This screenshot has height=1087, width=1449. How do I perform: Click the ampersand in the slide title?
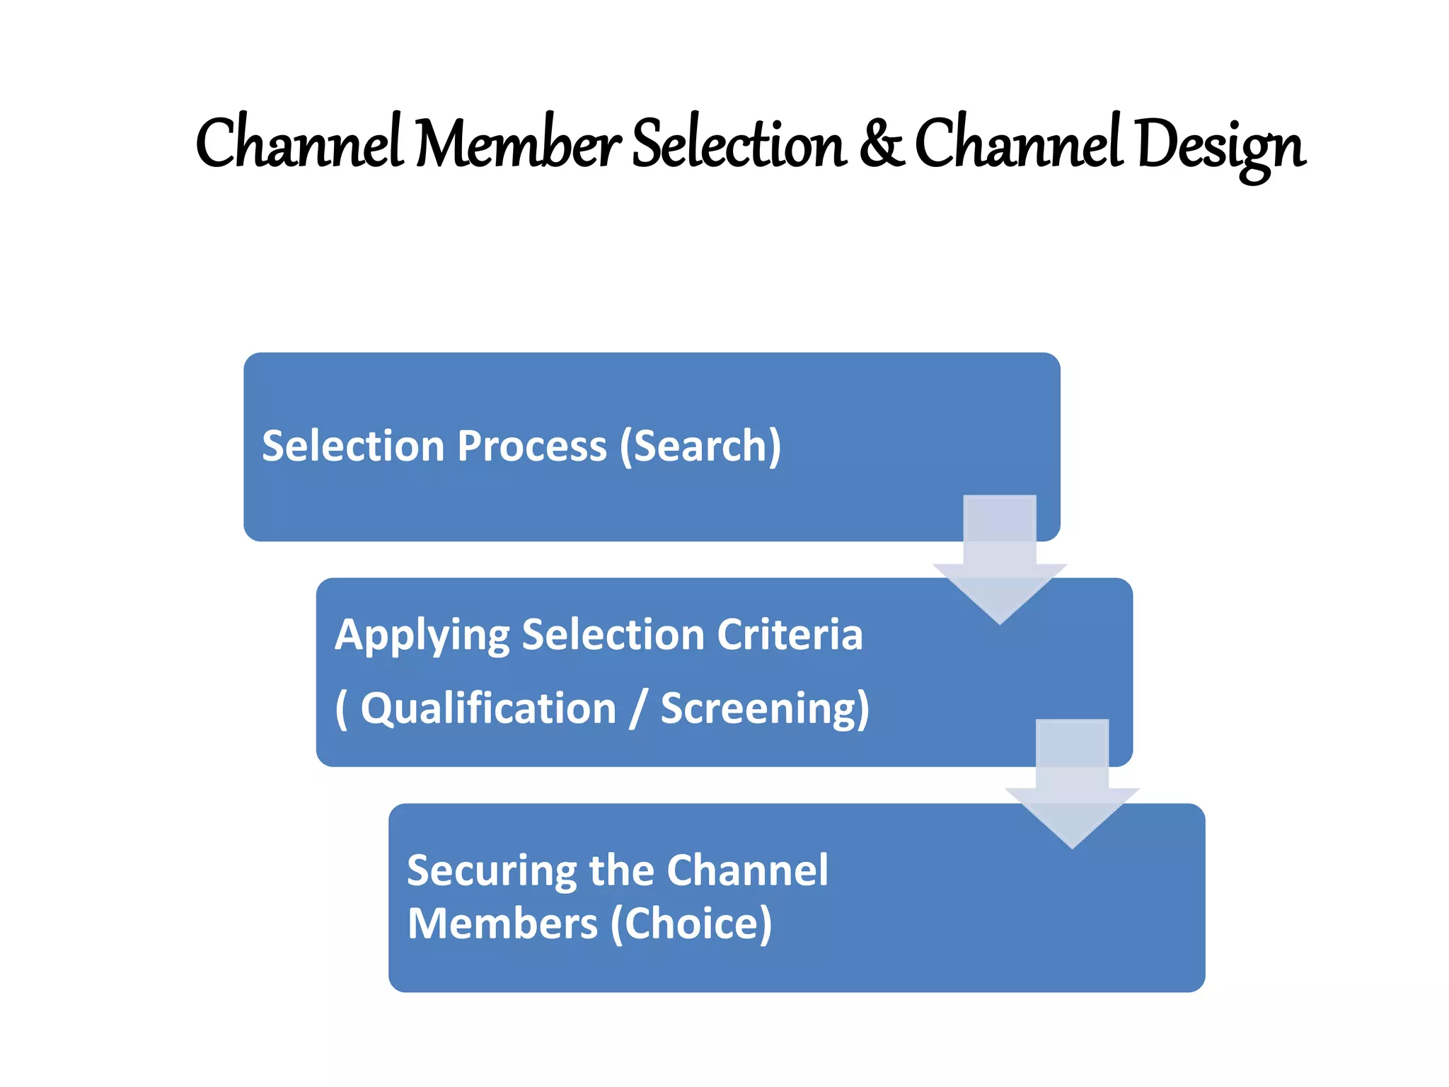882,144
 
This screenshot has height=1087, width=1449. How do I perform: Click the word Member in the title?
518,144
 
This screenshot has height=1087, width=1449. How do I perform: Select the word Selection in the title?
739,144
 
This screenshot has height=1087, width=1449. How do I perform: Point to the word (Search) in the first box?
700,446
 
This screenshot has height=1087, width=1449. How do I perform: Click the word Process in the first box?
531,446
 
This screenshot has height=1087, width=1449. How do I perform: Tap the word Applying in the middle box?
422,635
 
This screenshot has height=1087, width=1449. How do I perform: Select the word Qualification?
488,708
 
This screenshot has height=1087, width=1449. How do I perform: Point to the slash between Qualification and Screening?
638,708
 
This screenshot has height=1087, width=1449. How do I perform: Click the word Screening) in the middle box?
765,708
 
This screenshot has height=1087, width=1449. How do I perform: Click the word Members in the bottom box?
502,924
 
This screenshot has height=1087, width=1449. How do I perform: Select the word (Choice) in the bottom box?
691,924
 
